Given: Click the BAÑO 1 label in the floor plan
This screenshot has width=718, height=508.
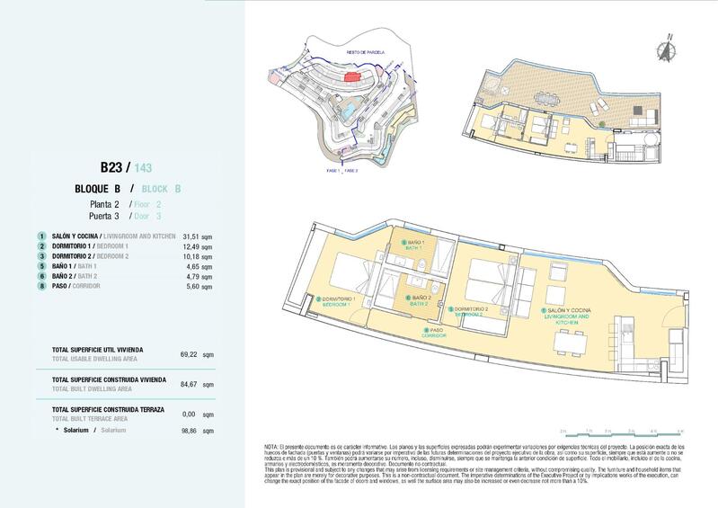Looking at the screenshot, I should coord(416,244).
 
